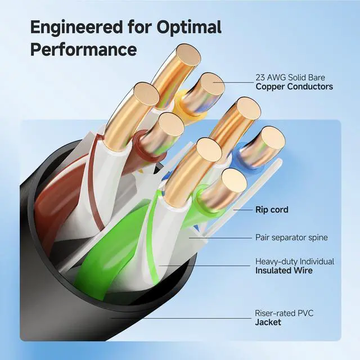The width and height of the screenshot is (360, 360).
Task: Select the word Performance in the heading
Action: (x=83, y=49)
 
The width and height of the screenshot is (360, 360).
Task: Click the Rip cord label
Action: (x=272, y=210)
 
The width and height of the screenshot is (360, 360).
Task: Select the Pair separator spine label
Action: (x=291, y=237)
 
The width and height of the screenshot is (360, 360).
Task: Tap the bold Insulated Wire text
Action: (x=284, y=271)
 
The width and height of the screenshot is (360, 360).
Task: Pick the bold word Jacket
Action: (x=268, y=322)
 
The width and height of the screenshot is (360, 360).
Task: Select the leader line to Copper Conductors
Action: (x=236, y=84)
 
